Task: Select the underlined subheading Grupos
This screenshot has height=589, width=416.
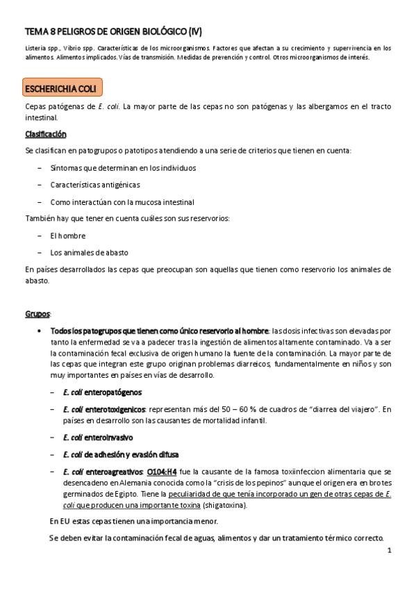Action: click(x=38, y=314)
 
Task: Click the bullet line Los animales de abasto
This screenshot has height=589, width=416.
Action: click(x=89, y=252)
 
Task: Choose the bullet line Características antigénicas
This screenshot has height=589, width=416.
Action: click(x=94, y=185)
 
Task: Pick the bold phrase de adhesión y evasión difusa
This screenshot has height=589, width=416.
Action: click(x=132, y=454)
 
